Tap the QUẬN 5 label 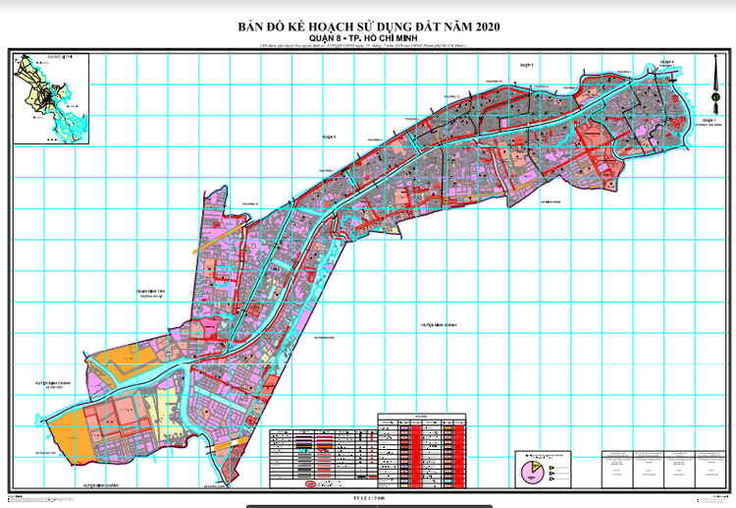pos(525,63)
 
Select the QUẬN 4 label pos(667,61)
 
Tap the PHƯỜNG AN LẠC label pos(154,298)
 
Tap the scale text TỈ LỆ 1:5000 pos(368,498)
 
